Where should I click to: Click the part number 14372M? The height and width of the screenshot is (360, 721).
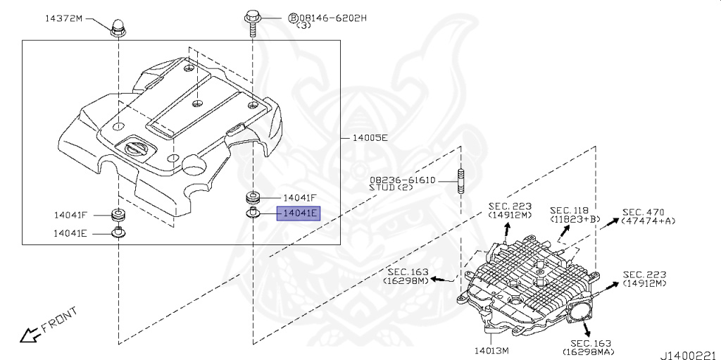[65, 18]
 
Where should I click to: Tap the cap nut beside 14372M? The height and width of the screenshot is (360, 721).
[118, 27]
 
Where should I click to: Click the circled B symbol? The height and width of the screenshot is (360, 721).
[293, 18]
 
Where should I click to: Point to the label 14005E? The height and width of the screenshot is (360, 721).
[370, 137]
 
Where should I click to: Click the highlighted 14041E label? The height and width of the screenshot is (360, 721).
[298, 213]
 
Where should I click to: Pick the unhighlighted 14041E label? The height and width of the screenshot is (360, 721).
[70, 233]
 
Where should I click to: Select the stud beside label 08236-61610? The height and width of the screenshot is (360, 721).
[460, 181]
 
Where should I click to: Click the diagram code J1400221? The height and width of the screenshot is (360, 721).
[690, 355]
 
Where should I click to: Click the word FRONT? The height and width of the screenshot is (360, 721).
[59, 320]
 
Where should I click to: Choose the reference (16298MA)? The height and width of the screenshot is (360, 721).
[591, 352]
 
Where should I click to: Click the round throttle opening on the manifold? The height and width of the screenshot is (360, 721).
[581, 314]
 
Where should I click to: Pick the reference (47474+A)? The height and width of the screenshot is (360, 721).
[648, 221]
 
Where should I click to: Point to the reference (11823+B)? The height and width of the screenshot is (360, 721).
[575, 219]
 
